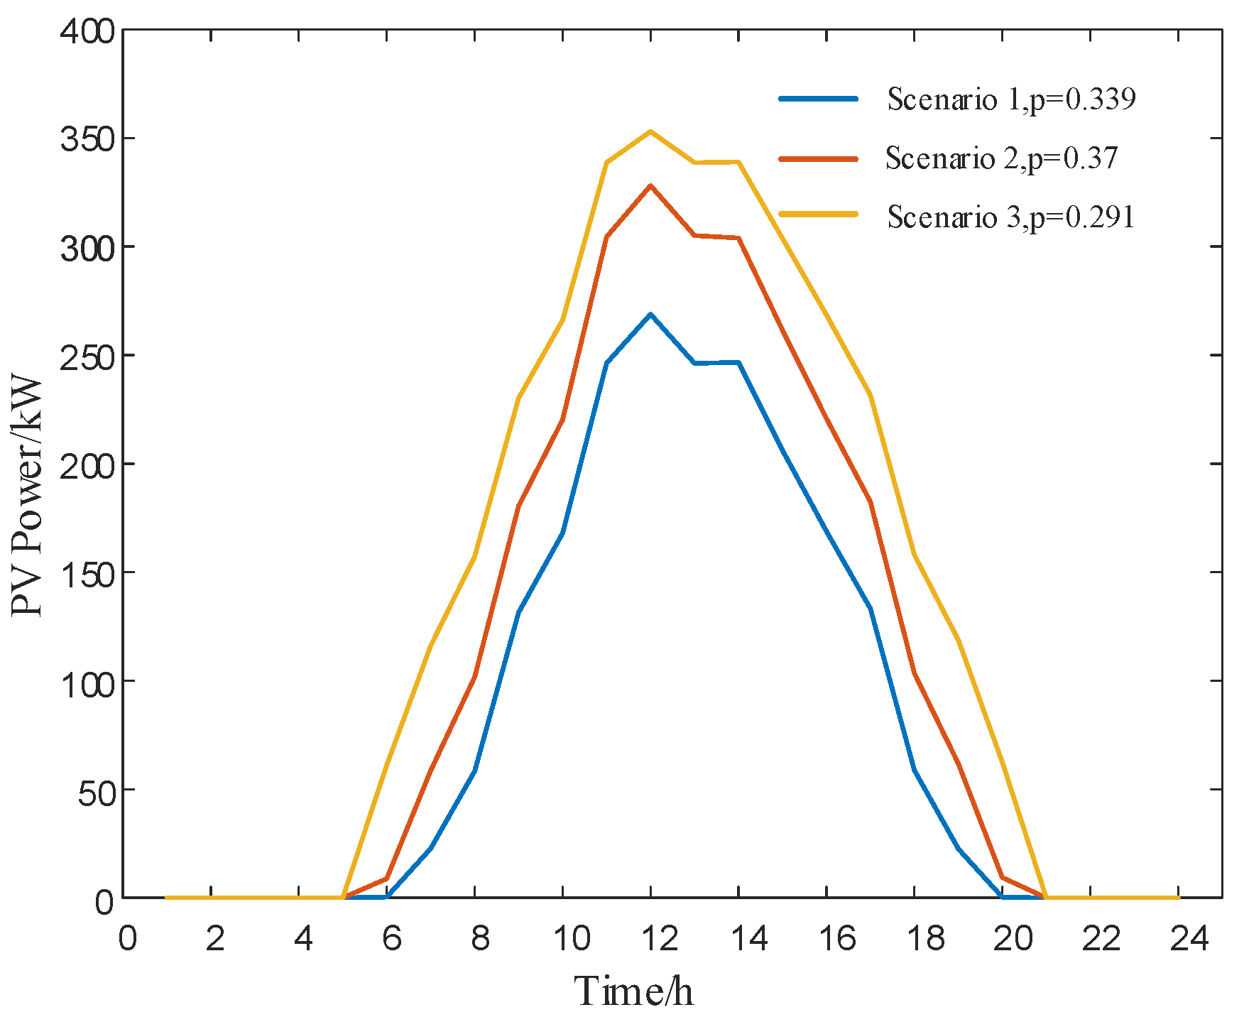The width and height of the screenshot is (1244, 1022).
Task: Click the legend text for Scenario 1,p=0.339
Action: pyautogui.click(x=1011, y=99)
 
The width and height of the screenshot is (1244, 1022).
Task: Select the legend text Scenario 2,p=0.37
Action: pyautogui.click(x=1001, y=158)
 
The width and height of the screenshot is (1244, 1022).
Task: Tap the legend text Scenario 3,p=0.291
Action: pyautogui.click(x=1011, y=217)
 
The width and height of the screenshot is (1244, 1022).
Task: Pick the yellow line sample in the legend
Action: pyautogui.click(x=818, y=214)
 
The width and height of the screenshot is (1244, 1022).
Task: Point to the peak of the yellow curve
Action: pyautogui.click(x=650, y=131)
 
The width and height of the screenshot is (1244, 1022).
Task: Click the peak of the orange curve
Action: pyautogui.click(x=650, y=185)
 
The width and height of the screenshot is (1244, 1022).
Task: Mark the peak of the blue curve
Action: pyautogui.click(x=650, y=314)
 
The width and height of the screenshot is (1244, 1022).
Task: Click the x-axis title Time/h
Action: pyautogui.click(x=633, y=991)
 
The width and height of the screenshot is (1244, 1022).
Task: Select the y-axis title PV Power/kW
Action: pyautogui.click(x=28, y=497)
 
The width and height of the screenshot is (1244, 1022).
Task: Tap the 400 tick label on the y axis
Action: pyautogui.click(x=88, y=31)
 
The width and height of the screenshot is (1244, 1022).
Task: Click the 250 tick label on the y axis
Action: pyautogui.click(x=88, y=356)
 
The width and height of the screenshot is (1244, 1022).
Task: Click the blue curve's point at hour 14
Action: pyautogui.click(x=738, y=363)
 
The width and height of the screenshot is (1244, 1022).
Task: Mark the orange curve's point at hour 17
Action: pyautogui.click(x=871, y=502)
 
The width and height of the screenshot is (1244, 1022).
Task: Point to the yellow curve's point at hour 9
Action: pyautogui.click(x=519, y=398)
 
